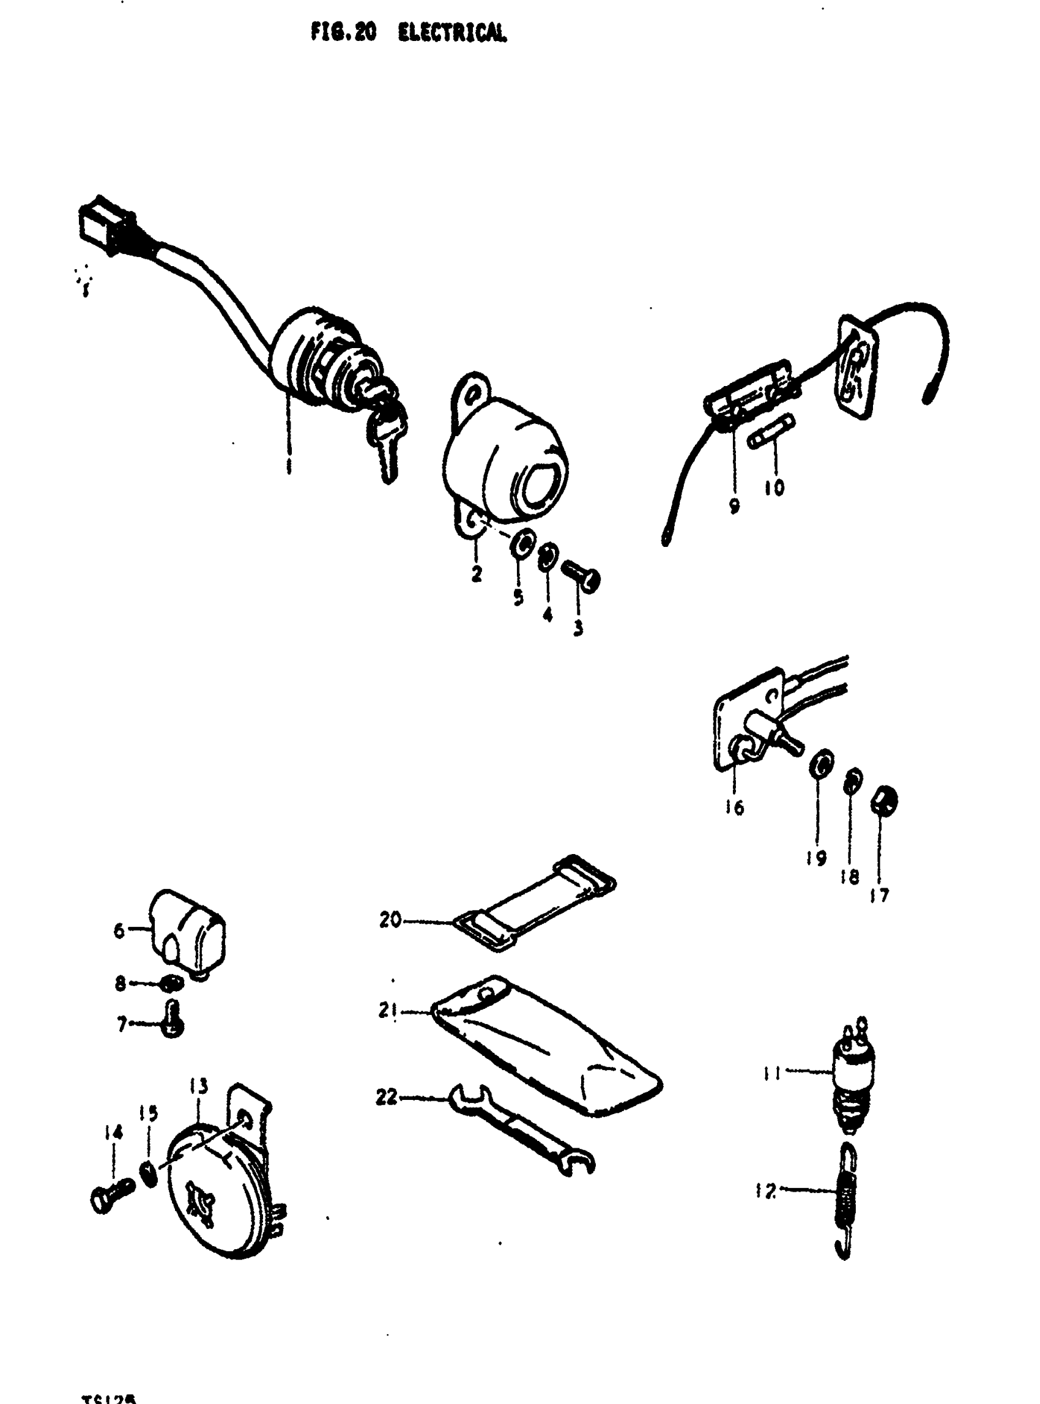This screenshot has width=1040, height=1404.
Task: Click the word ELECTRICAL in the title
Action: tap(452, 33)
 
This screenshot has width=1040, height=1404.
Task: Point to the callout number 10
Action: tap(774, 488)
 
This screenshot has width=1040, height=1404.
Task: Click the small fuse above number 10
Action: tap(771, 432)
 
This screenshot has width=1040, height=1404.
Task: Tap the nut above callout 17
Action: tap(884, 801)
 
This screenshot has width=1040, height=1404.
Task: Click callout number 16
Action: tap(735, 807)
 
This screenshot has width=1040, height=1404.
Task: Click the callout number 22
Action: tap(387, 1097)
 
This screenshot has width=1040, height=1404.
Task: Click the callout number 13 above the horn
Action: tap(198, 1086)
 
